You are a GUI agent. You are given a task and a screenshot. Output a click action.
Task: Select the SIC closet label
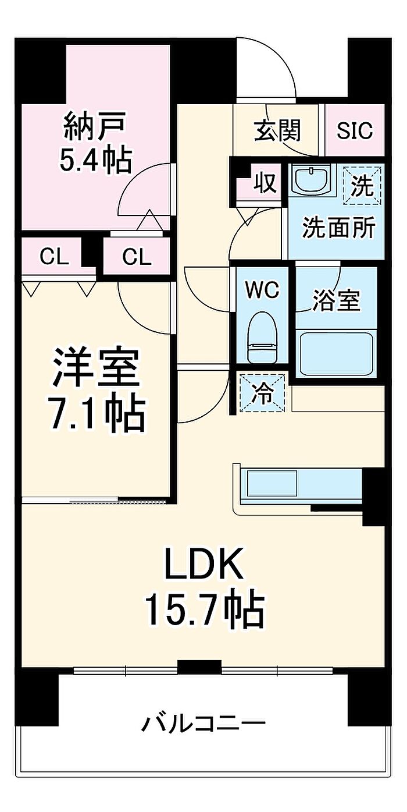(x=355, y=130)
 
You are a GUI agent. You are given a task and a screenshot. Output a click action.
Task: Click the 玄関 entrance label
(x=277, y=130)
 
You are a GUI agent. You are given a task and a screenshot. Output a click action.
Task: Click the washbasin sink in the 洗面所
(x=311, y=180)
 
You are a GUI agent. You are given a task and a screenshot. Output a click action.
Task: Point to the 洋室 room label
(x=96, y=367)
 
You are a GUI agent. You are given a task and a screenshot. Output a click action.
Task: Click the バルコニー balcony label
(x=203, y=724)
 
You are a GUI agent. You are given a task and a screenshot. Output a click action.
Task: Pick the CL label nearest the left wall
(x=54, y=256)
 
